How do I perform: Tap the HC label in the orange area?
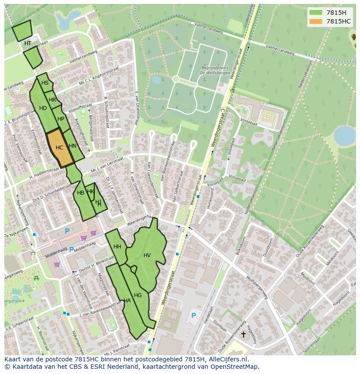(x=60, y=148)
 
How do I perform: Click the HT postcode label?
(x=28, y=43)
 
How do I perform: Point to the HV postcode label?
(x=147, y=255)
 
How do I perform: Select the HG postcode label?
(x=138, y=295)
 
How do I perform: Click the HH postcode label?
(x=117, y=247)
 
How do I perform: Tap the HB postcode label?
(x=80, y=193)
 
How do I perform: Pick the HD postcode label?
(x=43, y=108)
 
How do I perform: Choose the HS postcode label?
(x=45, y=83)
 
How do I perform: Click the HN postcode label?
(x=73, y=146)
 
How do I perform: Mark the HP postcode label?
(x=61, y=119)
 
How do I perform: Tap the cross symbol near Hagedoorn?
(x=243, y=334)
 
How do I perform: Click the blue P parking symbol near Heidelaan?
(x=193, y=315)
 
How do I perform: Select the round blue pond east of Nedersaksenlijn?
(x=344, y=136)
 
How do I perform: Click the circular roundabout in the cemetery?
(x=176, y=79)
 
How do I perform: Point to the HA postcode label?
(x=127, y=300)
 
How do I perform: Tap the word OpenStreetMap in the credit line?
(x=234, y=367)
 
